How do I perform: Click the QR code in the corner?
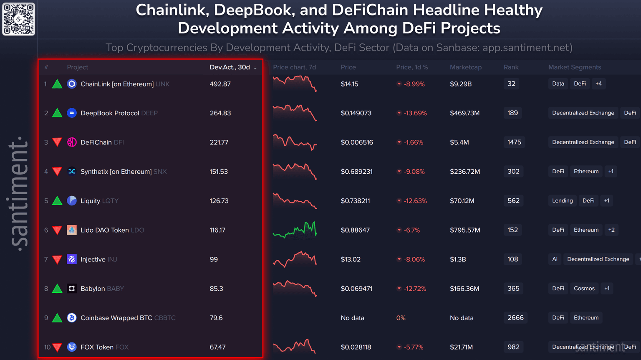tap(19, 19)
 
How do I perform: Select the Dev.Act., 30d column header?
tap(230, 67)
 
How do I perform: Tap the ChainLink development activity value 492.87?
tap(220, 84)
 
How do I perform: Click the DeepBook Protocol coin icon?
tap(72, 113)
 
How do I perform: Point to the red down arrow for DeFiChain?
tap(57, 142)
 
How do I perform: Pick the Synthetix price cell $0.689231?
tap(356, 172)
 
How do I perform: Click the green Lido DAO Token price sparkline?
tap(295, 230)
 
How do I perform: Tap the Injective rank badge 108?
tap(512, 259)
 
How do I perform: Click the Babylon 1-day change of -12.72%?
tap(415, 289)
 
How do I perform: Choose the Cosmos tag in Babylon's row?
tap(584, 289)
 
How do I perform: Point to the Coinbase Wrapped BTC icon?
tap(72, 318)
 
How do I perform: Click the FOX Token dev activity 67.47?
tap(217, 347)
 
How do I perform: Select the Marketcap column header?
tap(466, 67)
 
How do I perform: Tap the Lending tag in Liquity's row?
tap(562, 201)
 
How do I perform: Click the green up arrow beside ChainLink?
tap(57, 84)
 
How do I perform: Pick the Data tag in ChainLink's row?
tap(558, 84)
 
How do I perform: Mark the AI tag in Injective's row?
tap(555, 259)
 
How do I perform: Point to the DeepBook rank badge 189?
tap(512, 113)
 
